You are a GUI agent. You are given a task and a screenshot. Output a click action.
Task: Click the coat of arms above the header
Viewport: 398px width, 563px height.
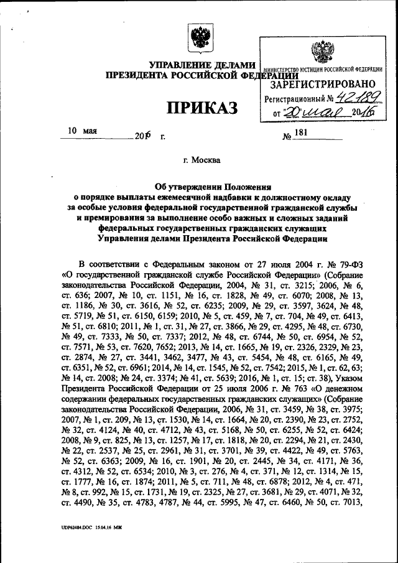click(x=200, y=38)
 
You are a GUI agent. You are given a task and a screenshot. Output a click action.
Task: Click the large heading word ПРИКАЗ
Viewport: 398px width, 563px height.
click(x=203, y=108)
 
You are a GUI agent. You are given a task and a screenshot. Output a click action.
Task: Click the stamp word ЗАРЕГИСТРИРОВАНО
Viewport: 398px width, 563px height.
click(x=323, y=83)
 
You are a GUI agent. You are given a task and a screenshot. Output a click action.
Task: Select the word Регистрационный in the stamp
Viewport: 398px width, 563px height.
click(x=295, y=99)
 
